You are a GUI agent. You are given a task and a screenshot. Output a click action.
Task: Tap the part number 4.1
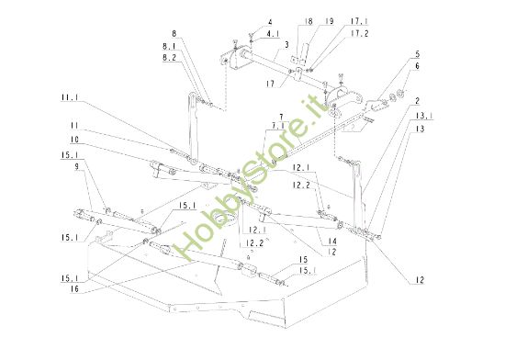click(275, 34)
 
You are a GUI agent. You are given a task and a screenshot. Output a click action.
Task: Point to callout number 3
click(287, 44)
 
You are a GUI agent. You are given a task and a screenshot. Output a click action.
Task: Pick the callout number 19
click(329, 19)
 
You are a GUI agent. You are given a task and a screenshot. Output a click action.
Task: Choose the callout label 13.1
click(422, 117)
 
